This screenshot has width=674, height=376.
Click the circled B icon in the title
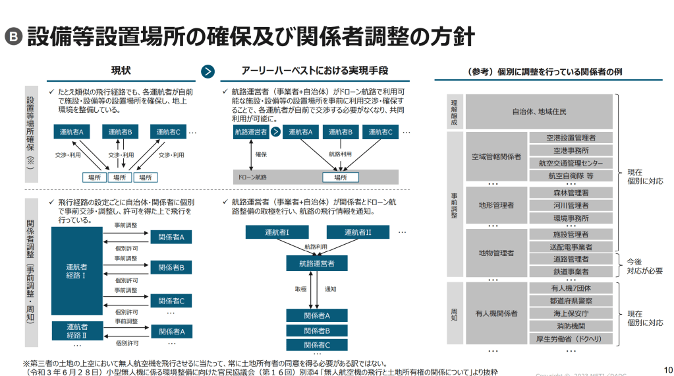tap(13, 37)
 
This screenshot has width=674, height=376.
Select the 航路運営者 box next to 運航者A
tap(251, 132)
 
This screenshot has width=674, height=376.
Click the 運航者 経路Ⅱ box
tap(76, 331)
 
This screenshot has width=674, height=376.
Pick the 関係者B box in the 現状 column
tap(171, 267)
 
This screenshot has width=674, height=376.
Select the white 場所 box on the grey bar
tap(340, 177)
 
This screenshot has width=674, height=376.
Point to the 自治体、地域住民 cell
tap(539, 111)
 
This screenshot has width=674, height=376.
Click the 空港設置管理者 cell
tap(571, 138)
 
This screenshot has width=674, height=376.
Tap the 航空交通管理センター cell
tap(571, 163)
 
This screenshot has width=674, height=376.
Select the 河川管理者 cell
tap(571, 205)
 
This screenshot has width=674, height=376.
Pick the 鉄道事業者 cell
tap(571, 272)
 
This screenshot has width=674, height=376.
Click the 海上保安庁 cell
tap(571, 313)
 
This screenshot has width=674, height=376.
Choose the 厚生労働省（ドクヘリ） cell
tap(571, 338)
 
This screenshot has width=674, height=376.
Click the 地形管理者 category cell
tap(496, 205)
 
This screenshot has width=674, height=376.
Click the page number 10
tap(667, 369)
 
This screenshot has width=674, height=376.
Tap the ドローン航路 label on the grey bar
tap(251, 177)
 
